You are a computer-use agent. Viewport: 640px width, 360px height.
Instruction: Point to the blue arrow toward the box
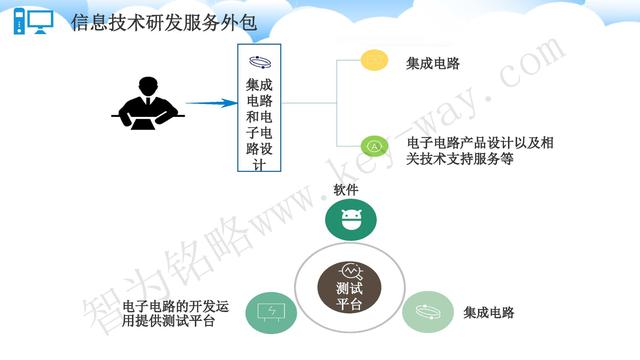point(211,102)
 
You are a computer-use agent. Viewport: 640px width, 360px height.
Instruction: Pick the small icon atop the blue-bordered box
point(265,62)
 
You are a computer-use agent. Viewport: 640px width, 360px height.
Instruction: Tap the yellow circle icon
point(374,62)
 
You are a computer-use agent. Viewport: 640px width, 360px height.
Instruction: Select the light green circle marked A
point(374,146)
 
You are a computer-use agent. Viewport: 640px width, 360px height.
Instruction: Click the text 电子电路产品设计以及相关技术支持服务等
point(480,150)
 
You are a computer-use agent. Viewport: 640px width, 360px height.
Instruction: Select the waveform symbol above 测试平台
point(351,271)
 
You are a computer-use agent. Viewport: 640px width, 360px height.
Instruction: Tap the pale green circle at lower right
point(428,312)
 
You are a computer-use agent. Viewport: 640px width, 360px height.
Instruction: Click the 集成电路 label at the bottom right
point(489,313)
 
